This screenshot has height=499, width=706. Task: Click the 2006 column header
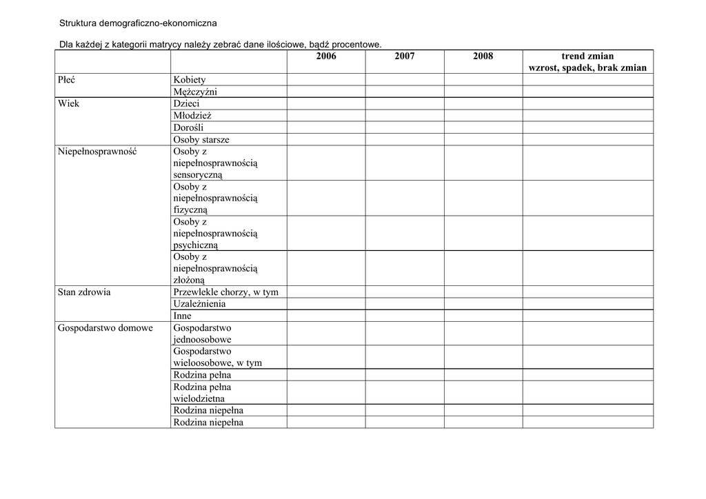click(326, 56)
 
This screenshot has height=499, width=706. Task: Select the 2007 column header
click(405, 56)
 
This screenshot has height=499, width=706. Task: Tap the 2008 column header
click(483, 56)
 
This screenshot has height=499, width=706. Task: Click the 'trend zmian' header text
click(587, 56)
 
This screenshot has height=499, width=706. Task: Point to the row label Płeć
click(67, 80)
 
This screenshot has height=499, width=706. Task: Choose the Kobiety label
click(190, 80)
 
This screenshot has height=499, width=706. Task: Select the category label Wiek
click(69, 103)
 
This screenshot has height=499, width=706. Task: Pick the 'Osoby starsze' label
click(201, 140)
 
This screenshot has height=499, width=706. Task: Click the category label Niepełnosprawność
click(97, 152)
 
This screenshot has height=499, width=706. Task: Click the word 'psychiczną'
click(196, 245)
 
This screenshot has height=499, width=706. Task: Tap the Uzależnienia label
click(199, 304)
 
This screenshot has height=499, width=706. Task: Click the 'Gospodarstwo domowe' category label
click(105, 328)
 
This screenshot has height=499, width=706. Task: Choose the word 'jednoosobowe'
click(203, 340)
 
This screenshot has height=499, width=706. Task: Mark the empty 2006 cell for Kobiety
click(326, 80)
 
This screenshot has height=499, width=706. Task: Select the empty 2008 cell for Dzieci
click(483, 103)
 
